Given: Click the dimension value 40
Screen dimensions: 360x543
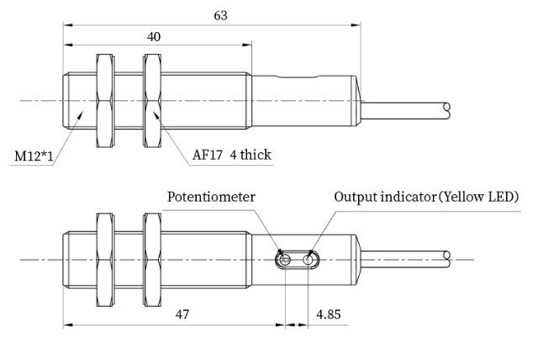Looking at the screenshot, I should point(154,36).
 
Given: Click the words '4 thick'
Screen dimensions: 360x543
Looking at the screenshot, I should point(251,155).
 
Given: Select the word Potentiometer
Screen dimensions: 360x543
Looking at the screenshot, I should point(211,197).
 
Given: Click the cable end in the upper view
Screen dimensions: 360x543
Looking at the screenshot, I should point(446,108).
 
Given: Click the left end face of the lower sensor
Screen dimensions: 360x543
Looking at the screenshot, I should point(64,259).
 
